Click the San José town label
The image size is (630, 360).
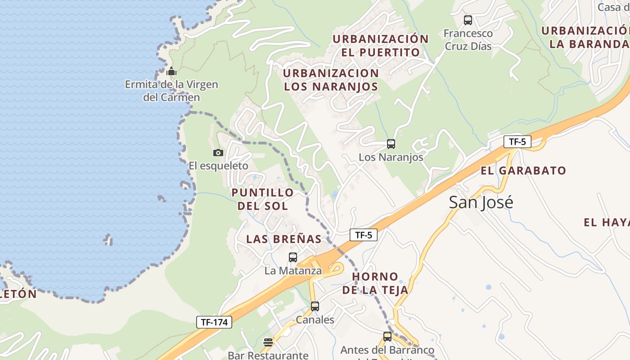click(x=481, y=202)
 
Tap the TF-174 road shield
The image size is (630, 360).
click(x=214, y=322)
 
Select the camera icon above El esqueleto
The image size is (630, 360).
click(x=218, y=153)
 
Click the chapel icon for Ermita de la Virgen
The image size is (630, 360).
click(x=171, y=71)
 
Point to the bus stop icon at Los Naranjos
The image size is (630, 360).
click(x=391, y=144)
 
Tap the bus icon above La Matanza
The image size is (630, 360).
click(x=293, y=257)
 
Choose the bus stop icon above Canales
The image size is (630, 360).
click(x=315, y=306)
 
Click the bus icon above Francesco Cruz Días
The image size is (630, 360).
click(x=468, y=20)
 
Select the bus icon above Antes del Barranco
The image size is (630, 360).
click(x=387, y=337)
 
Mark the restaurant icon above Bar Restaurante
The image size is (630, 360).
click(x=268, y=342)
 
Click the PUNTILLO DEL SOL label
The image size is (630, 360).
click(x=262, y=199)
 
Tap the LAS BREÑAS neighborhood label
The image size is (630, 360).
click(x=284, y=239)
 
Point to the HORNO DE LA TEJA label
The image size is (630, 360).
click(x=375, y=283)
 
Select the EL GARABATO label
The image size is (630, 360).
click(x=523, y=171)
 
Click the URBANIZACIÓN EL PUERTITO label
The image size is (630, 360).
click(x=381, y=45)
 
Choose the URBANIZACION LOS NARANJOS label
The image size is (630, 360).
click(x=331, y=80)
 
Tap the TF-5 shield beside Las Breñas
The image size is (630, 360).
click(x=364, y=235)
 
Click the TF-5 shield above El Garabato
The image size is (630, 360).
click(x=517, y=142)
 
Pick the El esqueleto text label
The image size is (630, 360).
click(x=218, y=166)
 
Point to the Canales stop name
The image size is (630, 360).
click(x=315, y=320)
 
